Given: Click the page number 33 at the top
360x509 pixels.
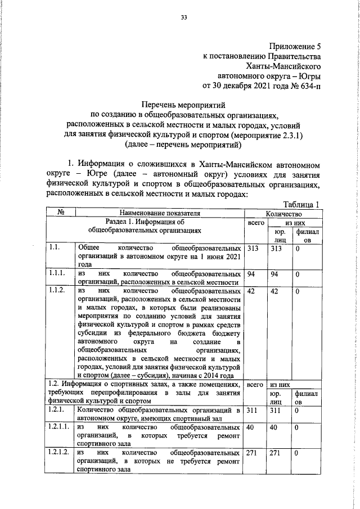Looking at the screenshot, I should (x=183, y=17).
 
